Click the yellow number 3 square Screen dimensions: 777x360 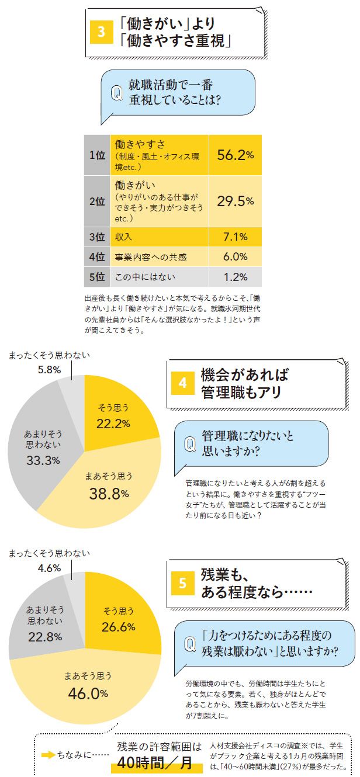[101, 33]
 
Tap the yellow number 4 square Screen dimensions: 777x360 [182, 383]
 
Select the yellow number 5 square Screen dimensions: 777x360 [182, 582]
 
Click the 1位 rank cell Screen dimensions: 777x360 [97, 155]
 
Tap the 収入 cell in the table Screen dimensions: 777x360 [160, 237]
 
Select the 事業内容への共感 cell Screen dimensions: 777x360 [160, 256]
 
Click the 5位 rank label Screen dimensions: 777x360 [97, 276]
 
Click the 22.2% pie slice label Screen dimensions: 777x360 [113, 424]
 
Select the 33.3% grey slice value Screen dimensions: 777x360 [43, 460]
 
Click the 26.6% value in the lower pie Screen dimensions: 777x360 [119, 627]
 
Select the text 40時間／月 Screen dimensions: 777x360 [155, 763]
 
